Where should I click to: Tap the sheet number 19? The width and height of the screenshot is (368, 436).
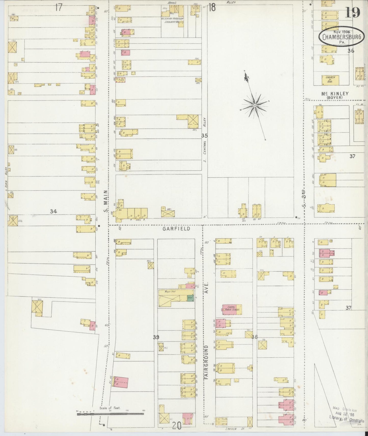coord(353,12)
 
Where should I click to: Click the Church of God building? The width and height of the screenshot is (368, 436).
coord(330,80)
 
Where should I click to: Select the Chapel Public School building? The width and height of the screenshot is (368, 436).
coord(232,310)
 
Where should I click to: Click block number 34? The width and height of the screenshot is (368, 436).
coord(53,211)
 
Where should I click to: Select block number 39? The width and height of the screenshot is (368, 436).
coord(156,337)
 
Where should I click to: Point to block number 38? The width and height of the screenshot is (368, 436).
coord(254,337)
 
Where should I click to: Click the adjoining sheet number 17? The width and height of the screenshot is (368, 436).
coord(59,8)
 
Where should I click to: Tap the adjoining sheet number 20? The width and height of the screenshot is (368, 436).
coord(176,426)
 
